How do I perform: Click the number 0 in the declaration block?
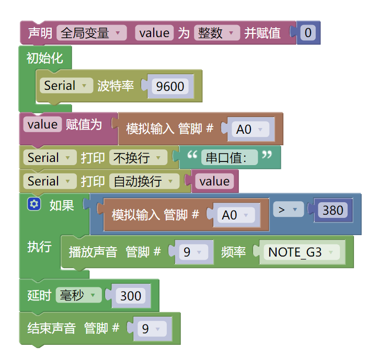click(x=308, y=33)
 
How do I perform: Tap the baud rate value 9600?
click(x=170, y=86)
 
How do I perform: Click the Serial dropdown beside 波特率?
click(x=66, y=86)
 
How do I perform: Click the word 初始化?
click(x=45, y=58)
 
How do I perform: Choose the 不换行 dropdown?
click(x=138, y=157)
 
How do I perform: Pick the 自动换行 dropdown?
click(x=144, y=181)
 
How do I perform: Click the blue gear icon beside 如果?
click(x=34, y=205)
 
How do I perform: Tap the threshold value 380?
click(x=333, y=210)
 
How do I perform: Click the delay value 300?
click(x=131, y=296)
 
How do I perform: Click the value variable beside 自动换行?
click(x=214, y=181)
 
